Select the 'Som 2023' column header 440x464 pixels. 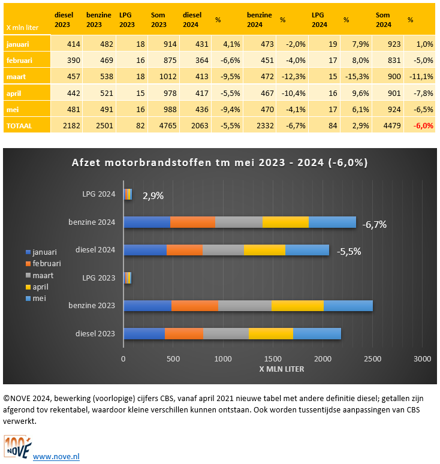point(158,20)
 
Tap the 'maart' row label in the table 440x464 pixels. point(16,76)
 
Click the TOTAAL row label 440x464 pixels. point(20,125)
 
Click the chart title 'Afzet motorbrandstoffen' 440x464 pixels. point(219,163)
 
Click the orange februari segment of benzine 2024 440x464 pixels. point(192,222)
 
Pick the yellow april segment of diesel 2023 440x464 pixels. point(270,334)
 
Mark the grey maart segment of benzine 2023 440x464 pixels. point(245,306)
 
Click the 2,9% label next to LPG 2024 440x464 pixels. point(153,195)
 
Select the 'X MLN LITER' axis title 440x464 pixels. point(273,369)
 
